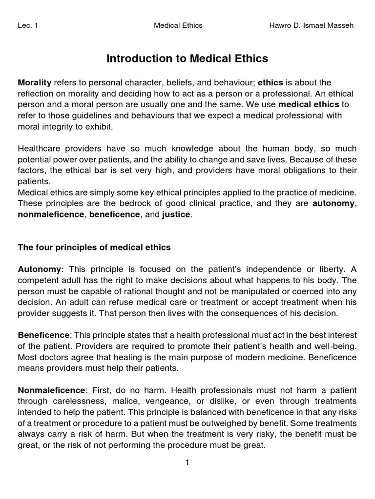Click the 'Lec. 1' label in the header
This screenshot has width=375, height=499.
28,25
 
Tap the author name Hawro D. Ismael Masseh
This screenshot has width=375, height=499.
311,25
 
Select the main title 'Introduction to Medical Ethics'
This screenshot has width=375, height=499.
187,58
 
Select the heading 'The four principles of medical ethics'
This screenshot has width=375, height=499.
94,247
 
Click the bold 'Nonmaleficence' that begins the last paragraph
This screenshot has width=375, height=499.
51,390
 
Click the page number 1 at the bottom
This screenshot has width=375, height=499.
187,462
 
